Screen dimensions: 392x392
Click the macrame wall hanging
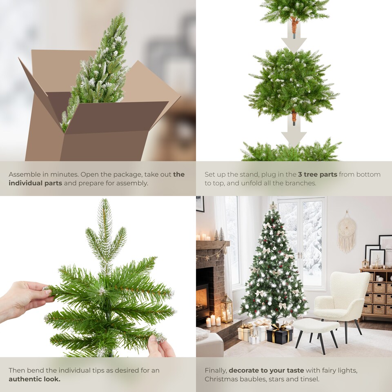click(x=346, y=231)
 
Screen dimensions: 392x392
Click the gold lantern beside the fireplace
click(x=226, y=308)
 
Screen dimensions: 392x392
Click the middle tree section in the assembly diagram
click(x=292, y=84)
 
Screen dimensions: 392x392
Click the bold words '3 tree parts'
click(x=317, y=174)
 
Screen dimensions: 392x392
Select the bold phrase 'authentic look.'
click(x=34, y=379)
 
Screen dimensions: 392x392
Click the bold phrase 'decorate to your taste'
click(x=266, y=370)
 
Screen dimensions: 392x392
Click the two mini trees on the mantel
click(x=219, y=235)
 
